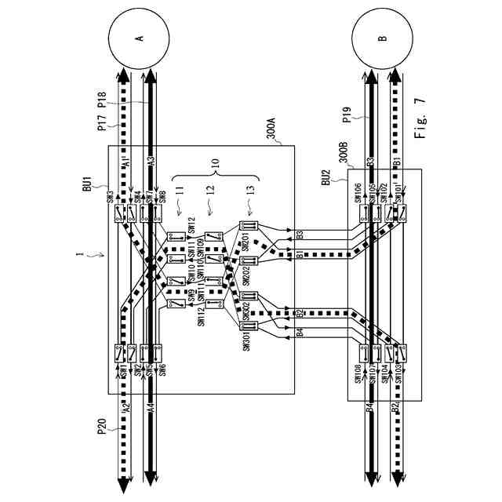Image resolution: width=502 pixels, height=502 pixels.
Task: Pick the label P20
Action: (x=103, y=427)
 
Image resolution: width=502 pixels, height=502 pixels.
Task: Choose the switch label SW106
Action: (x=358, y=193)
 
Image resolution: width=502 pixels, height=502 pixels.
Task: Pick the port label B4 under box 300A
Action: (x=300, y=333)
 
